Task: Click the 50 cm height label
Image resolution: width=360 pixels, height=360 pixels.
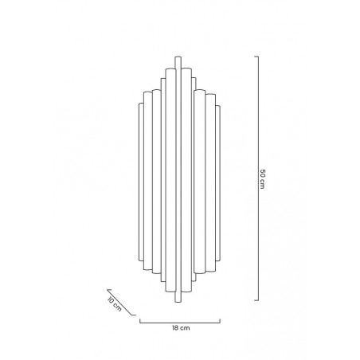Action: (x=262, y=179)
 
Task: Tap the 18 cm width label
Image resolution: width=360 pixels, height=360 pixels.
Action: (x=180, y=327)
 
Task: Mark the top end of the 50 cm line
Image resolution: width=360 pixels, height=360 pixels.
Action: (x=255, y=57)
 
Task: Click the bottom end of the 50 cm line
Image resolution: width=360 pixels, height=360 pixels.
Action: (x=255, y=300)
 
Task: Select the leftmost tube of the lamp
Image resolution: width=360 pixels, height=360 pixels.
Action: (x=143, y=179)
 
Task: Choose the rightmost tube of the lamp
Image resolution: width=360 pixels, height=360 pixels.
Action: (x=217, y=179)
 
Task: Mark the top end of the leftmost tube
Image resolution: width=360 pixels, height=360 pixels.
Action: (x=143, y=104)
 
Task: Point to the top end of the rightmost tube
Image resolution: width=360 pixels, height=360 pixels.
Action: (x=217, y=104)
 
